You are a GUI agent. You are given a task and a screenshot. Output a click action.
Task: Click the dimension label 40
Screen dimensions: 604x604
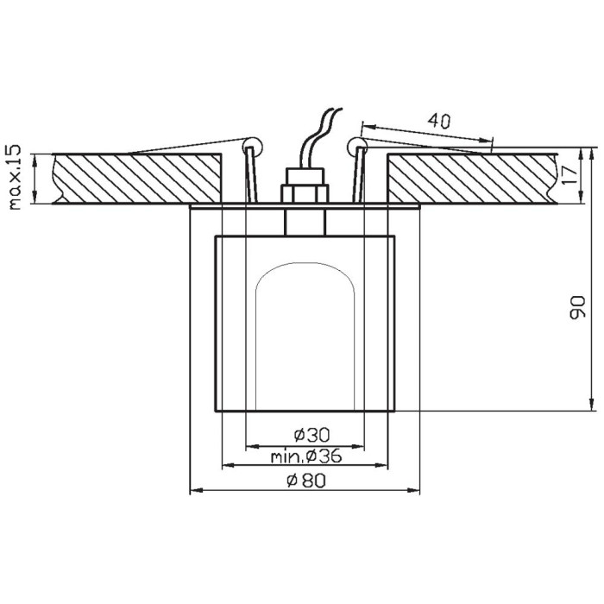[438, 121]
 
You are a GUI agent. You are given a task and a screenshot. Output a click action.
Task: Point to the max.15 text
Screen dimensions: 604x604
[16, 177]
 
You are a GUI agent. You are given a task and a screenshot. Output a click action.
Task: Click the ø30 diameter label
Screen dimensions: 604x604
[312, 435]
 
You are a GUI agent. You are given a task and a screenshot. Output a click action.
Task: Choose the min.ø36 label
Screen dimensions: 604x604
[306, 456]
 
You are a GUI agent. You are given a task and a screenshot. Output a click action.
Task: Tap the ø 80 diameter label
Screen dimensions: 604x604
[306, 481]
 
